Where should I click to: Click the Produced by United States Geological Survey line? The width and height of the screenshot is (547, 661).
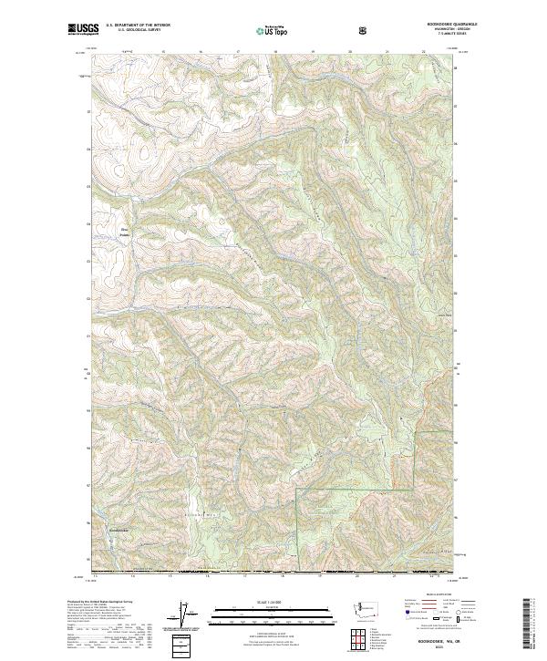pyautogui.click(x=101, y=604)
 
